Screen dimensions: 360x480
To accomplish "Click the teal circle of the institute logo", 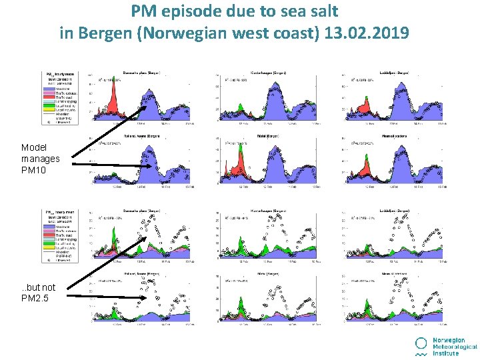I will pos(421,343).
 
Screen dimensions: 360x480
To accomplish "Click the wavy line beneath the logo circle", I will pos(421,354).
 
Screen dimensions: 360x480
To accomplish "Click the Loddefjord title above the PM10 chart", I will pos(393,72).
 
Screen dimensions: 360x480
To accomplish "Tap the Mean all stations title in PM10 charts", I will pos(393,135).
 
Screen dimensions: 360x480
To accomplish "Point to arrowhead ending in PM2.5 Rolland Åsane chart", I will pos(143,298).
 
